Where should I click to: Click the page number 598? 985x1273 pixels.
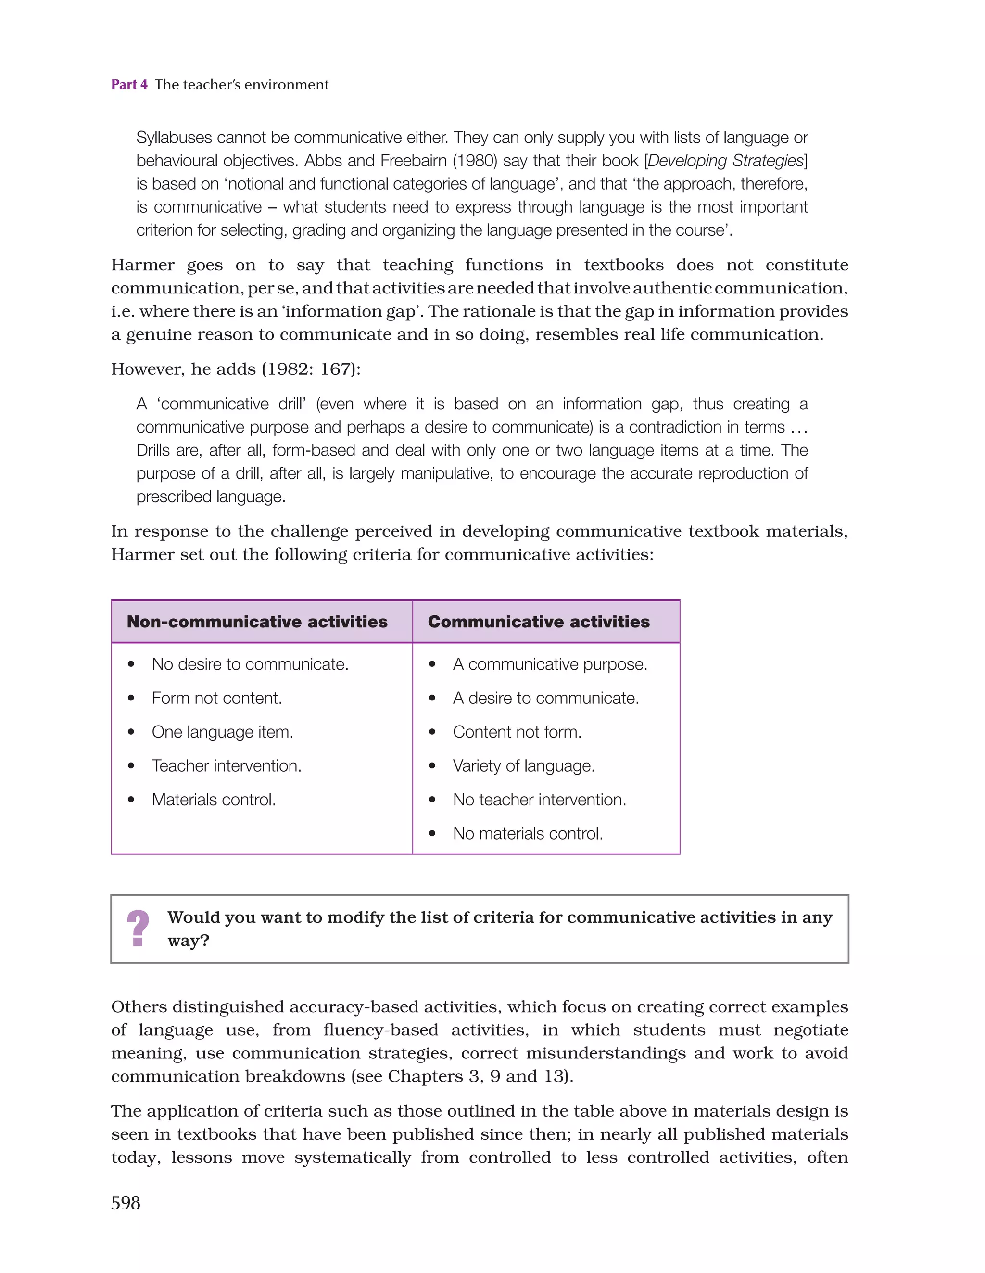(x=126, y=1202)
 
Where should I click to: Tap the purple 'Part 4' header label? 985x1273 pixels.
(x=129, y=85)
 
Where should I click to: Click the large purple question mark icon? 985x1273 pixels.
(x=138, y=928)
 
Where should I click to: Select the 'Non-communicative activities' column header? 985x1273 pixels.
(x=257, y=622)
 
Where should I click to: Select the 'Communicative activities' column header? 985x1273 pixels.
(x=539, y=622)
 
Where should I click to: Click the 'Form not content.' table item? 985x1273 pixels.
(x=217, y=698)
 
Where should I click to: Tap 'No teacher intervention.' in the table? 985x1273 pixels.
(x=539, y=800)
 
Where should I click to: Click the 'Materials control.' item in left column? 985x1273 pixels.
(x=214, y=800)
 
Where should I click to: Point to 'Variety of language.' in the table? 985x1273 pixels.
(x=523, y=766)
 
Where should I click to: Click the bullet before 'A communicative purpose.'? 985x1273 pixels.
(x=432, y=664)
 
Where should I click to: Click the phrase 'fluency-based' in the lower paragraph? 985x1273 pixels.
(x=380, y=1030)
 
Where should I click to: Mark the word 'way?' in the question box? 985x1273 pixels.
(x=188, y=941)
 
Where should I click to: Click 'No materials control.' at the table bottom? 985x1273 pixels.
(x=528, y=833)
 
